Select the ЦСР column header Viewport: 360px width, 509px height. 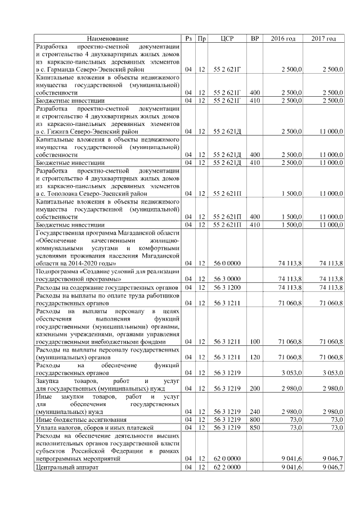(x=227, y=38)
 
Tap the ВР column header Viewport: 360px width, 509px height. (x=255, y=38)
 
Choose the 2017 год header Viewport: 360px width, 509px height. (x=323, y=38)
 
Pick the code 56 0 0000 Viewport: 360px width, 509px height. (x=227, y=263)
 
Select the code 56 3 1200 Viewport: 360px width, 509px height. (x=227, y=287)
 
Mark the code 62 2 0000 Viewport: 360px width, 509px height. (x=227, y=468)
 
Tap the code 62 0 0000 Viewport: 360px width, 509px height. (x=227, y=459)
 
